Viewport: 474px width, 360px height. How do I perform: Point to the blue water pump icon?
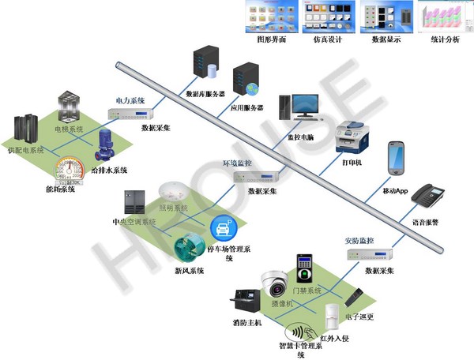pos(105,147)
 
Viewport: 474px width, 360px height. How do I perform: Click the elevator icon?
pos(69,107)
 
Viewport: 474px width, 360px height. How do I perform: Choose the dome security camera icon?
pos(276,283)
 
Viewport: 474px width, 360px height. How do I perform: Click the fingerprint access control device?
pos(304,268)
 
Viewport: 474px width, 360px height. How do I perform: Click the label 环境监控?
pos(237,163)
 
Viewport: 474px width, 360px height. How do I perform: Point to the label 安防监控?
pos(359,240)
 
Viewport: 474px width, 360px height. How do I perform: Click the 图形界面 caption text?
pos(272,39)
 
